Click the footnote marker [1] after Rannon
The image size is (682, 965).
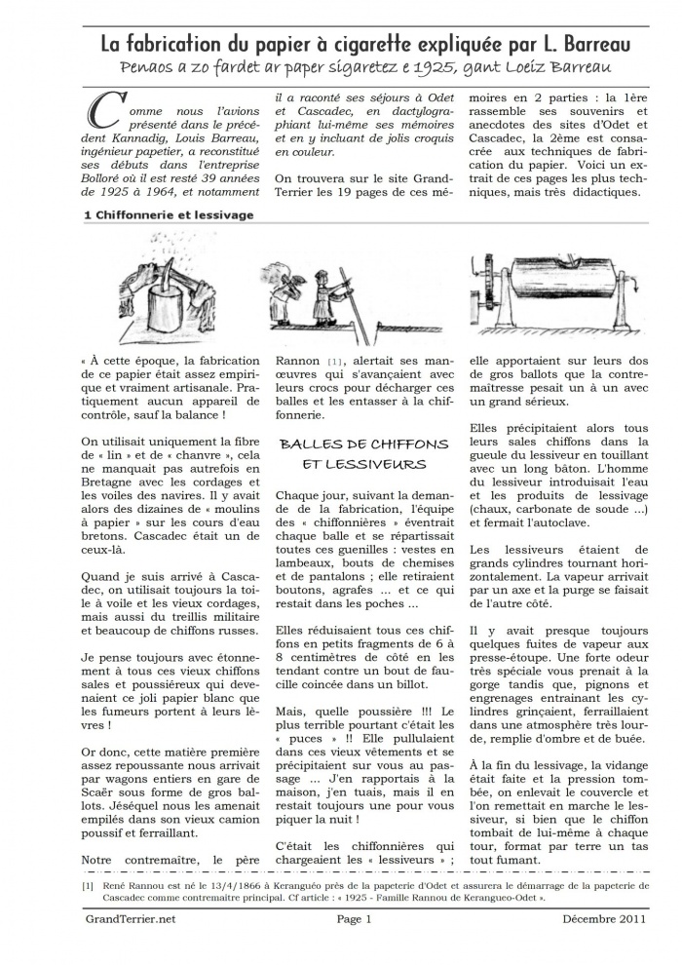[335, 362]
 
